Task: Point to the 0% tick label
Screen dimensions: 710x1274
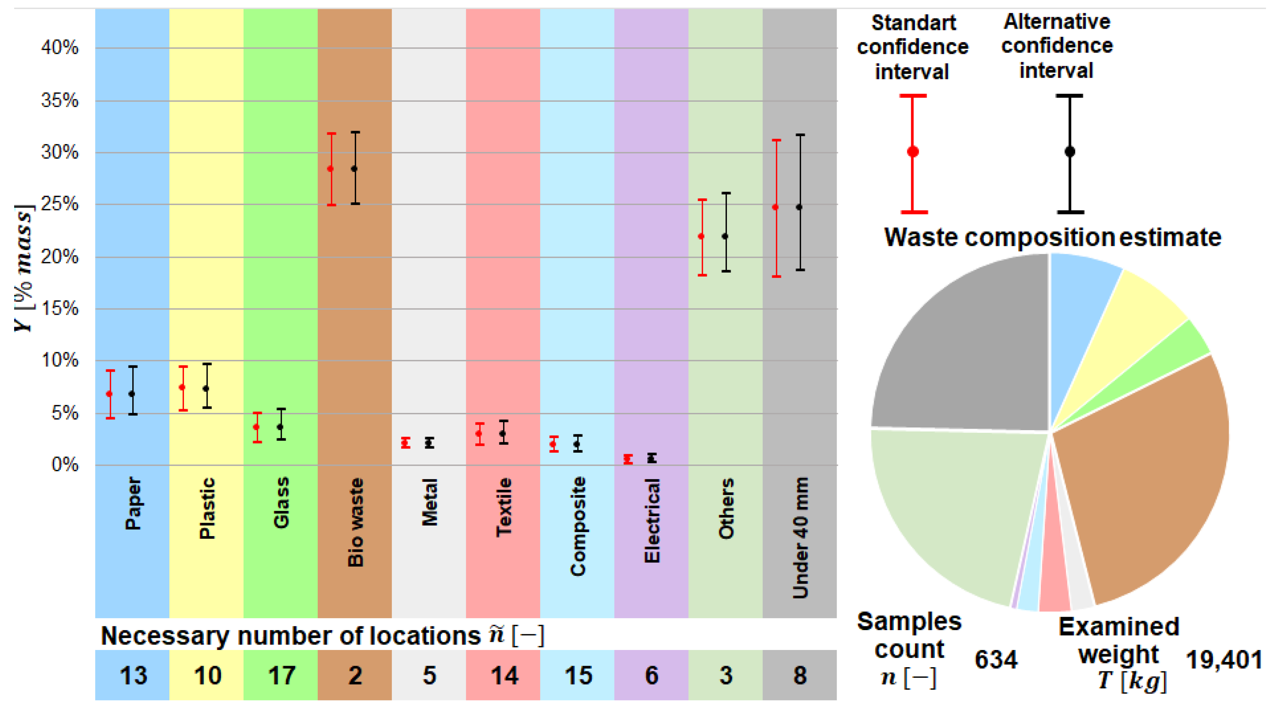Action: point(65,465)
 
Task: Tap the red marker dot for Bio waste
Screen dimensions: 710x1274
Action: point(330,169)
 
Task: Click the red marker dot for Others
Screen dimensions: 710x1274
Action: point(701,236)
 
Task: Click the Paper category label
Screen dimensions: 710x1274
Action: point(133,503)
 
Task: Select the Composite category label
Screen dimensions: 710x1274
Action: point(578,526)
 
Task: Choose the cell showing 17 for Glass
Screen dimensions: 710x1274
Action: point(281,675)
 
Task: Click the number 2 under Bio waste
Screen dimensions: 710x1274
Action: point(355,675)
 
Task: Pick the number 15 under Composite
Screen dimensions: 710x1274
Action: point(578,675)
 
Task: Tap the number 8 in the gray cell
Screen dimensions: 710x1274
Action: point(800,675)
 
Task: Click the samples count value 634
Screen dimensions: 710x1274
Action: point(996,660)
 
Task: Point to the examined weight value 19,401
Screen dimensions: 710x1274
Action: point(1224,660)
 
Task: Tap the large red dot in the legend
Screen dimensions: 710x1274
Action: point(913,152)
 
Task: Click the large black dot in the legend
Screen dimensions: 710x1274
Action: point(1070,152)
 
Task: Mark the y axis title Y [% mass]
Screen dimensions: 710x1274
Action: point(24,267)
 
